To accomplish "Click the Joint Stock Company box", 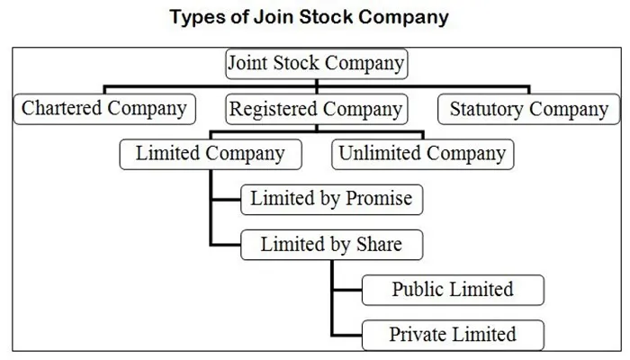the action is [317, 64].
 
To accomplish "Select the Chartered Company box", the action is [104, 109].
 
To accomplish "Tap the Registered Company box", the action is [317, 109].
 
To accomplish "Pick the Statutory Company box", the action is [529, 109].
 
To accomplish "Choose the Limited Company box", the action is [211, 154].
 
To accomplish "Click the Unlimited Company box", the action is [423, 154].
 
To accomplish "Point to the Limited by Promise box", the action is [332, 200].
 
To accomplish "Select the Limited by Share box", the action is [332, 245].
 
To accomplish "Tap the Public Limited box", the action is [454, 290].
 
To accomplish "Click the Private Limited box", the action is [454, 335].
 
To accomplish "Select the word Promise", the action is [379, 198].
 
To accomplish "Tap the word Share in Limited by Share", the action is [379, 244].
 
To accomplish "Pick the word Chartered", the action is [61, 108].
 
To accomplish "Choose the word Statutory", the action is [487, 110].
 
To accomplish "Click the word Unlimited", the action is [380, 153].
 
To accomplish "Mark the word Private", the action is [417, 334].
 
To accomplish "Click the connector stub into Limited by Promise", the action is [226, 200].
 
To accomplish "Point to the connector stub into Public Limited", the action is [348, 290].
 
